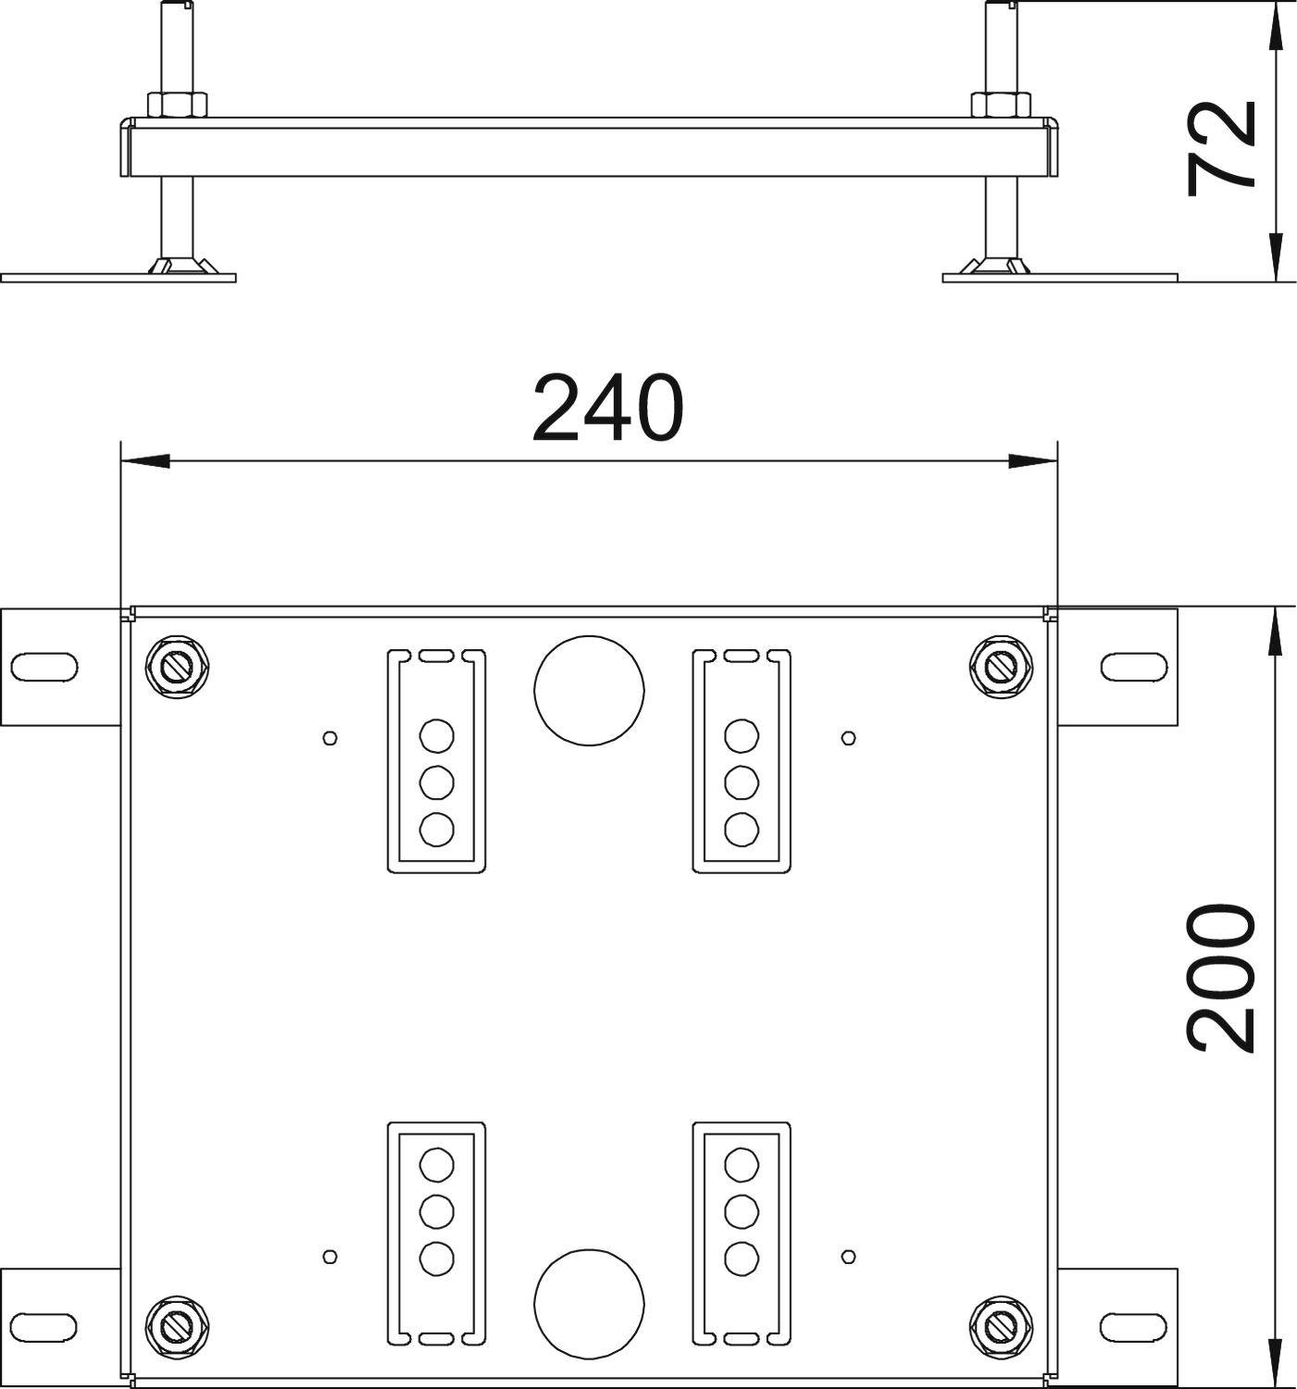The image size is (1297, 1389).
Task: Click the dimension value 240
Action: click(607, 407)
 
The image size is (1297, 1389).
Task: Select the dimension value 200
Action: click(1222, 980)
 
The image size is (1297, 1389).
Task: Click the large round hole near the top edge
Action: click(589, 690)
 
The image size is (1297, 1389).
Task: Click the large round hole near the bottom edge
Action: click(589, 1301)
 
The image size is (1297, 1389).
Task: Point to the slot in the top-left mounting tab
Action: click(44, 665)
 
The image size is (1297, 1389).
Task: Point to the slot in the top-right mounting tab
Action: click(1133, 665)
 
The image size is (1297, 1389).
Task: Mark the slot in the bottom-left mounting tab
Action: click(44, 1325)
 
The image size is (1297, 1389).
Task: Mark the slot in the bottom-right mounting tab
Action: click(1133, 1325)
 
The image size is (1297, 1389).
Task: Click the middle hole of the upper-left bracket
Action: click(436, 783)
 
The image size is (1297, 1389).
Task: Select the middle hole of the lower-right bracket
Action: click(742, 1209)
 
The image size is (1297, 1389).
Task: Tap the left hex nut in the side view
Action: click(178, 105)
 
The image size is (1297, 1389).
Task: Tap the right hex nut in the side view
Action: click(1000, 105)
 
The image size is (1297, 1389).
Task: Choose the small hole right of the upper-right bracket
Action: click(848, 738)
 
